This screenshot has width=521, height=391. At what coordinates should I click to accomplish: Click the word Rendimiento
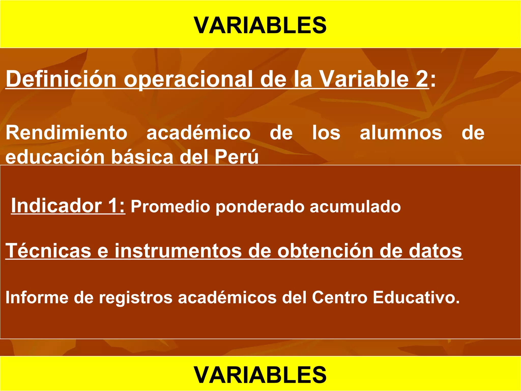[66, 133]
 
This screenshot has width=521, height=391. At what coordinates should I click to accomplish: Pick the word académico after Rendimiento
[198, 133]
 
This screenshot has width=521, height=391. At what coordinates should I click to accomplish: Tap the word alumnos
[401, 133]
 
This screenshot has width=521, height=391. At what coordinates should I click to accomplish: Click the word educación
[55, 157]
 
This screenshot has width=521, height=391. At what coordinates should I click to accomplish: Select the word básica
[142, 157]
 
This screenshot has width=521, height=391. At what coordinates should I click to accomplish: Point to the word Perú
[237, 157]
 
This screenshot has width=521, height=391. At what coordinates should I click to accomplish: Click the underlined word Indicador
[56, 206]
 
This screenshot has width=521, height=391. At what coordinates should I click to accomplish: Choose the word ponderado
[260, 207]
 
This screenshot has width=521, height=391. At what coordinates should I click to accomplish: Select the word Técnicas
[48, 251]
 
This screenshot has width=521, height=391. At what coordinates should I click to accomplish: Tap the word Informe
[37, 297]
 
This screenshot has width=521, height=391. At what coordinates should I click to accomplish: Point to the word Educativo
[416, 297]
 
